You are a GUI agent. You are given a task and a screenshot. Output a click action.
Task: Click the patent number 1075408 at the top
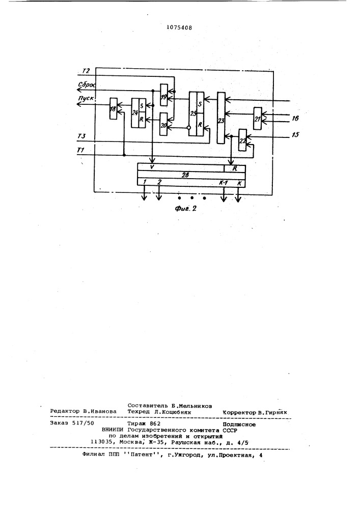pyautogui.click(x=179, y=27)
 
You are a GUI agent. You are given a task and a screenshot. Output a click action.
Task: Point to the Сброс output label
pyautogui.click(x=87, y=84)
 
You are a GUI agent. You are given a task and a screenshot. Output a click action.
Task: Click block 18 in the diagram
pyautogui.click(x=113, y=108)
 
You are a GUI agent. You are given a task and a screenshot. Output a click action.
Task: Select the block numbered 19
pyautogui.click(x=164, y=95)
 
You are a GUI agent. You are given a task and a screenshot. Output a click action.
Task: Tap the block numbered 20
pyautogui.click(x=163, y=124)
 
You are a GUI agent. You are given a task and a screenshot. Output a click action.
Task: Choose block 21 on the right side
pyautogui.click(x=258, y=119)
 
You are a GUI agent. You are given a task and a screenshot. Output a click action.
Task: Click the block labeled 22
pyautogui.click(x=242, y=140)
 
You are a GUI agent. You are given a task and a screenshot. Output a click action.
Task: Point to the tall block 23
pyautogui.click(x=221, y=118)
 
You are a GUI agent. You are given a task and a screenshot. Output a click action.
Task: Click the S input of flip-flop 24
pyautogui.click(x=142, y=105)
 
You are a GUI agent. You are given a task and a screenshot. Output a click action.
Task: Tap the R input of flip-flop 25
pyautogui.click(x=201, y=125)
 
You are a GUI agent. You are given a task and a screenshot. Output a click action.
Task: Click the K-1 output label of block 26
pyautogui.click(x=224, y=183)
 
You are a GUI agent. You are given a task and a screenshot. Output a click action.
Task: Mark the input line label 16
pyautogui.click(x=295, y=118)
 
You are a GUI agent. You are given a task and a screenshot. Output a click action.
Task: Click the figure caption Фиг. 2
pyautogui.click(x=186, y=208)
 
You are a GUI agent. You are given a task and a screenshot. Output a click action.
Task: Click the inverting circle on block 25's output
pyautogui.click(x=188, y=128)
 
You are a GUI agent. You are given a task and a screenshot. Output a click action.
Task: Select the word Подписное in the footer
pyautogui.click(x=239, y=425)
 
